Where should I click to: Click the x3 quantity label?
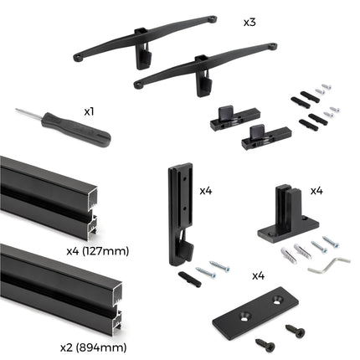249,22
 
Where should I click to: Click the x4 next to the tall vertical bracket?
206,191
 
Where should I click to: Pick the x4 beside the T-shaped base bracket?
316,191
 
